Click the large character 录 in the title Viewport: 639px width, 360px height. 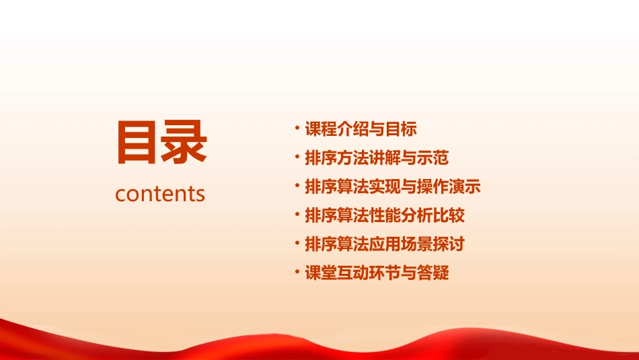pos(184,143)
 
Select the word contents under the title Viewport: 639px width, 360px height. pos(160,194)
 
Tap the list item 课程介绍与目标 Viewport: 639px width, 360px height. pos(361,129)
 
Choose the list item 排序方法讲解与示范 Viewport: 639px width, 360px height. pos(377,158)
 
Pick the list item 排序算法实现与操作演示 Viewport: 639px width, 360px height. pos(393,186)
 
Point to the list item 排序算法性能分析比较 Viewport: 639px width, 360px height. pos(385,215)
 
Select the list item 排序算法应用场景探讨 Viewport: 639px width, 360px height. pos(385,244)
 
